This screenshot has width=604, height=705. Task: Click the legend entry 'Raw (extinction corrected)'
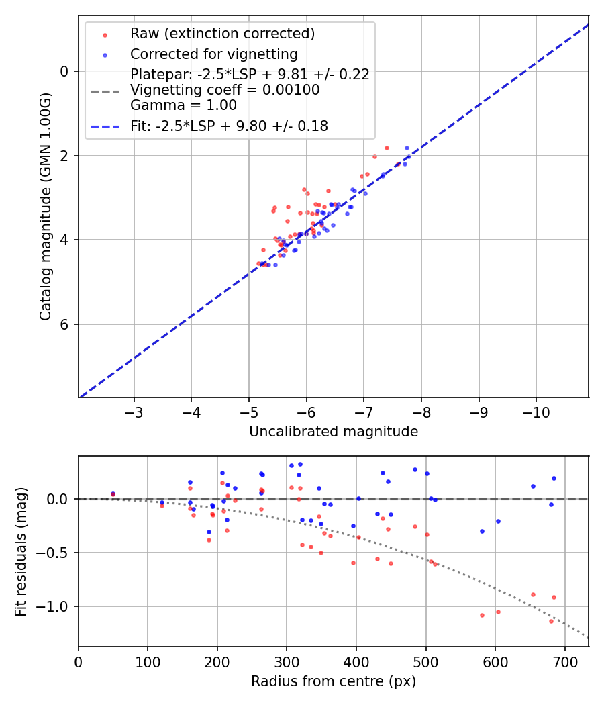[x=222, y=34]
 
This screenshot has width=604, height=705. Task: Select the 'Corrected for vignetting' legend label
[x=214, y=54]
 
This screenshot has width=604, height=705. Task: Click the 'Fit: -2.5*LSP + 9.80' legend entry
[x=229, y=126]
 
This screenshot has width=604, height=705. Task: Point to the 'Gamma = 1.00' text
[x=183, y=105]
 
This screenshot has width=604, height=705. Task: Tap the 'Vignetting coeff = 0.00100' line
[x=225, y=90]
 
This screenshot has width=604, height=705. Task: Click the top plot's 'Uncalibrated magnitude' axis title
[x=334, y=432]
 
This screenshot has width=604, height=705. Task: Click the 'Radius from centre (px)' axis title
[x=334, y=681]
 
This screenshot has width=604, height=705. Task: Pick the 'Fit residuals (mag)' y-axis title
[x=21, y=551]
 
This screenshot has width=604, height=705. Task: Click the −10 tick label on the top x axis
[x=536, y=411]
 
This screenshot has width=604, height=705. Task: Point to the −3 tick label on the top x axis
[x=134, y=411]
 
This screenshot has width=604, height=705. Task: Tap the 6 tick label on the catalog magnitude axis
[x=64, y=324]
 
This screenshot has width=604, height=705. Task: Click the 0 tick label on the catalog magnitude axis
[x=64, y=71]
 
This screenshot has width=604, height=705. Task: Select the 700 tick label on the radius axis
[x=564, y=661]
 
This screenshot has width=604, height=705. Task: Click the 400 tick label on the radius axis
[x=356, y=661]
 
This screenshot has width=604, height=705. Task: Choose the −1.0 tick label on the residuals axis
[x=54, y=606]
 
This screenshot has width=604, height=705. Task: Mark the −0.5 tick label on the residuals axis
[x=54, y=553]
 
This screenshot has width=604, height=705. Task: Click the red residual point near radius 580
[x=482, y=615]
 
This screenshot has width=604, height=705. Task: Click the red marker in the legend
[x=105, y=34]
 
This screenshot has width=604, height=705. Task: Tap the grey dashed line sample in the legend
[x=105, y=90]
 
